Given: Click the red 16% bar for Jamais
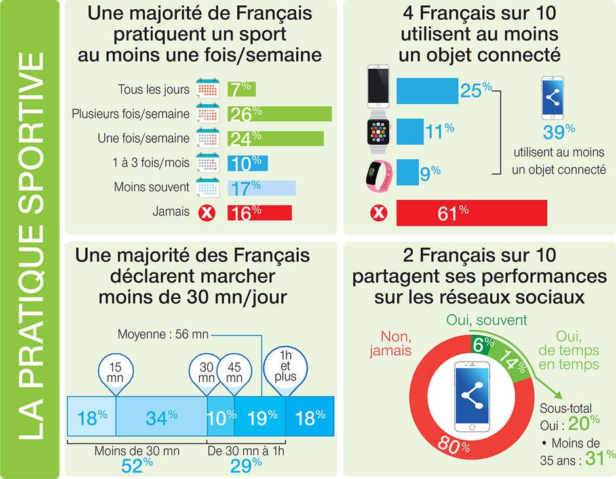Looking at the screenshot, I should [x=260, y=212].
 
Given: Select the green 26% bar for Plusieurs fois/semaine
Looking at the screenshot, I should [x=280, y=114].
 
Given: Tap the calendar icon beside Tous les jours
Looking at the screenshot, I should [x=207, y=89].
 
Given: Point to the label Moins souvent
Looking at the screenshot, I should [x=151, y=188].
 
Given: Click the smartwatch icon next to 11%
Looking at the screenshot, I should [x=378, y=131].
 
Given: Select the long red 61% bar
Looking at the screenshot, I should [x=471, y=213].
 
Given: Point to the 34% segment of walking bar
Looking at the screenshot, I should [x=161, y=417].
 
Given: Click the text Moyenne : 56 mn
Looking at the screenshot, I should [x=163, y=334].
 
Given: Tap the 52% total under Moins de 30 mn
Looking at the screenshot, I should [x=138, y=463].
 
